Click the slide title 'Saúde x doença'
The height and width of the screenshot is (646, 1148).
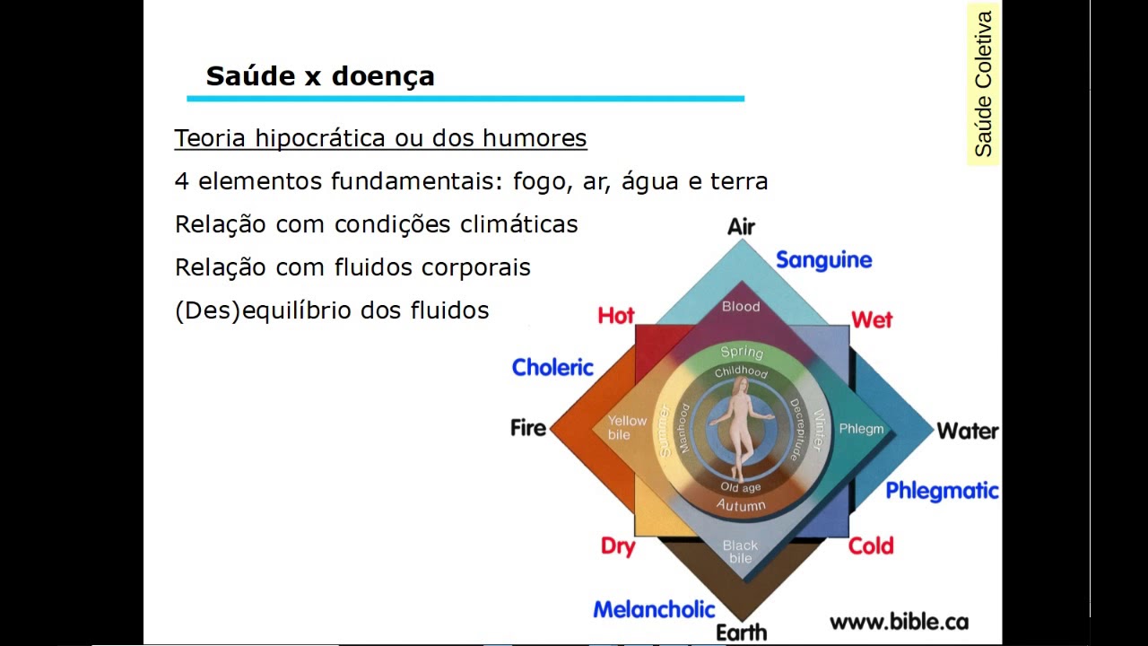(x=320, y=76)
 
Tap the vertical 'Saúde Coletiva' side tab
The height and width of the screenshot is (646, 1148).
(x=983, y=83)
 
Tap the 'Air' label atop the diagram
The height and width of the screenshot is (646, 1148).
(x=741, y=227)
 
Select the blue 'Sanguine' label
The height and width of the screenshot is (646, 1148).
(x=823, y=260)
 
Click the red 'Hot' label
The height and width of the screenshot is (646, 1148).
(x=616, y=316)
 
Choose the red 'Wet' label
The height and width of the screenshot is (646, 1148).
(x=872, y=320)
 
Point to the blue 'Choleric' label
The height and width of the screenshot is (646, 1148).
(x=552, y=368)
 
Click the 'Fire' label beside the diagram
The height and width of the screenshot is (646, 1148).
(x=528, y=428)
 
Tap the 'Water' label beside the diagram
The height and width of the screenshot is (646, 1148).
(x=968, y=432)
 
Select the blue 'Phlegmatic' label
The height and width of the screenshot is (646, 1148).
(x=942, y=491)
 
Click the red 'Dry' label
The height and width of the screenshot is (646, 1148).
(x=618, y=546)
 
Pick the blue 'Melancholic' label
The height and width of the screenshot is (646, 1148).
(x=654, y=610)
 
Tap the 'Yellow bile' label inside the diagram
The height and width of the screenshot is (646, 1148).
(x=627, y=427)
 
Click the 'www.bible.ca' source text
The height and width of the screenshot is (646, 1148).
(x=899, y=622)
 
